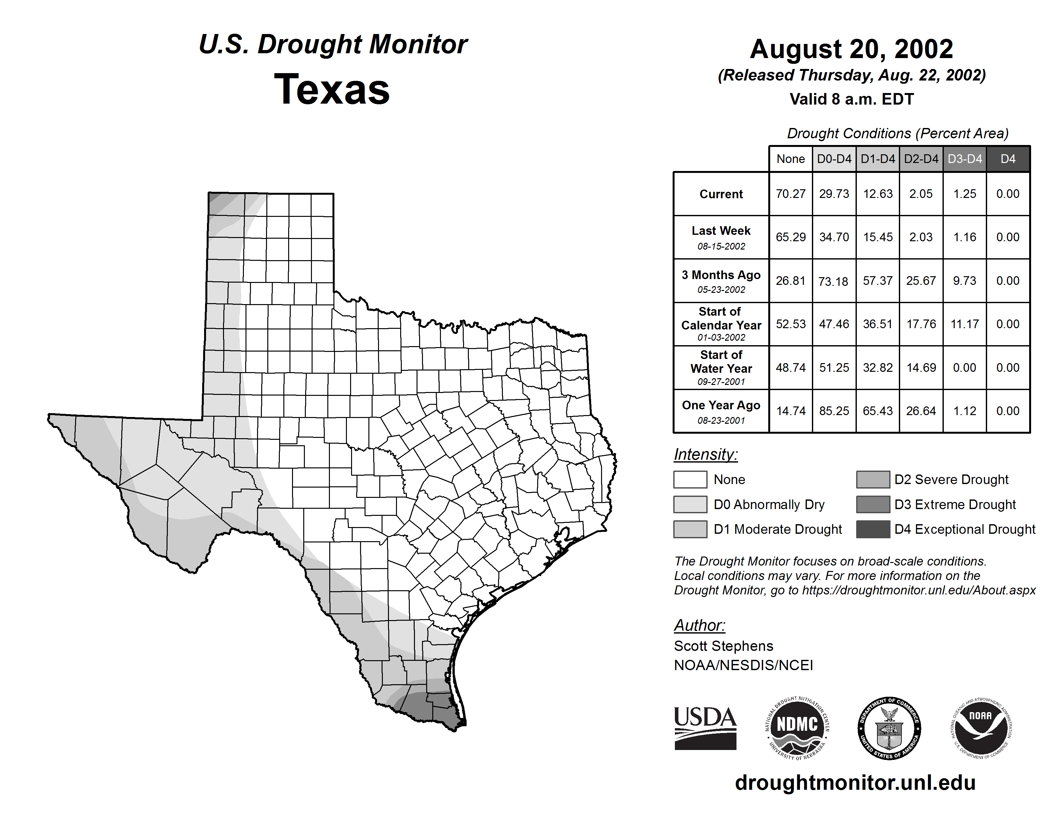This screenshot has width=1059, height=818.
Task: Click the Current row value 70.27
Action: click(x=790, y=194)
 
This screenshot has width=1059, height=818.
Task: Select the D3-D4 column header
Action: click(x=964, y=159)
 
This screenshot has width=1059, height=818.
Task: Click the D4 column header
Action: click(x=1008, y=159)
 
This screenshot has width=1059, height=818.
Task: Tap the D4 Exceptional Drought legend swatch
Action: click(x=873, y=529)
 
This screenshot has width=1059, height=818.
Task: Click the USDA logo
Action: click(x=705, y=728)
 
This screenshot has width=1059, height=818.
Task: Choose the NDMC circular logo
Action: click(x=797, y=728)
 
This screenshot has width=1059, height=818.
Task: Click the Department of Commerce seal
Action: click(x=889, y=728)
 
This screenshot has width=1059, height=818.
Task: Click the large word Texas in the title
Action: click(x=332, y=89)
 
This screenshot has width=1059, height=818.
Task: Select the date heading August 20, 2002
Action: click(x=851, y=49)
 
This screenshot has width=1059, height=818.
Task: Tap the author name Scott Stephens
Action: click(x=723, y=646)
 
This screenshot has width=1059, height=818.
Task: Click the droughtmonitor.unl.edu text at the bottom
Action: click(x=855, y=783)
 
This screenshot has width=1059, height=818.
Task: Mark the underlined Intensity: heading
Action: click(x=705, y=455)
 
